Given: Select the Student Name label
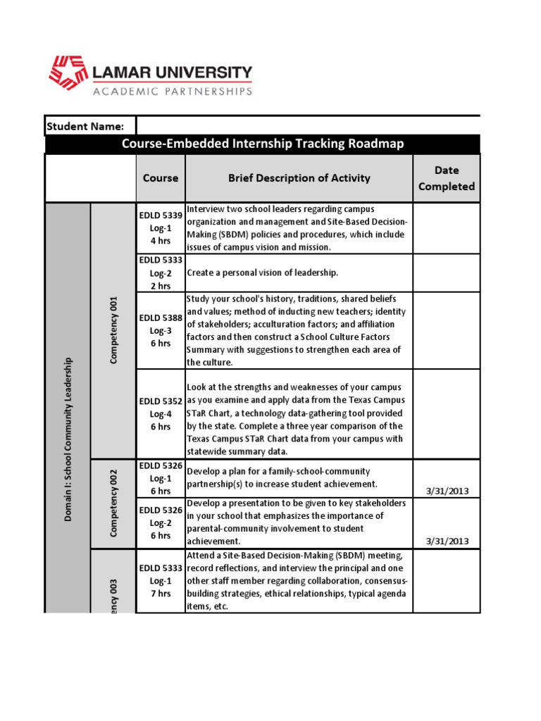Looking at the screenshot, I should pyautogui.click(x=85, y=126).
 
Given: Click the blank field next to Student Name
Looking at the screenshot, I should pyautogui.click(x=308, y=126).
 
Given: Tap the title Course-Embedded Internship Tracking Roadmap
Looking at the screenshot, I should pyautogui.click(x=263, y=144).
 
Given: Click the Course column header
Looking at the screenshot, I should pyautogui.click(x=161, y=178).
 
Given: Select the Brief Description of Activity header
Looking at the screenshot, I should pyautogui.click(x=299, y=178).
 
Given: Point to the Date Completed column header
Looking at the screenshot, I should pyautogui.click(x=446, y=178).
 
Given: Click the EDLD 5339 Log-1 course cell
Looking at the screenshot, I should pyautogui.click(x=161, y=228).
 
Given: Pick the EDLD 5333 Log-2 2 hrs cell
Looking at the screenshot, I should pyautogui.click(x=161, y=272).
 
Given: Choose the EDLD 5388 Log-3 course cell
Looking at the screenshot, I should pyautogui.click(x=161, y=330).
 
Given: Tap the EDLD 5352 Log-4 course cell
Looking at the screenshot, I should pyautogui.click(x=161, y=414).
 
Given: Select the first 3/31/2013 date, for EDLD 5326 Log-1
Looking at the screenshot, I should pyautogui.click(x=447, y=491).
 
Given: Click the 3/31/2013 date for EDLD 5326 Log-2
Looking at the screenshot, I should pyautogui.click(x=447, y=541).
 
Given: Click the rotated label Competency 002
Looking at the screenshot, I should pyautogui.click(x=113, y=503).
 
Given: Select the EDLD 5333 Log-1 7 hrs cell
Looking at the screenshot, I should pyautogui.click(x=161, y=581).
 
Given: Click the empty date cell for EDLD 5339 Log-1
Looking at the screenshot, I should pyautogui.click(x=446, y=228).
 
